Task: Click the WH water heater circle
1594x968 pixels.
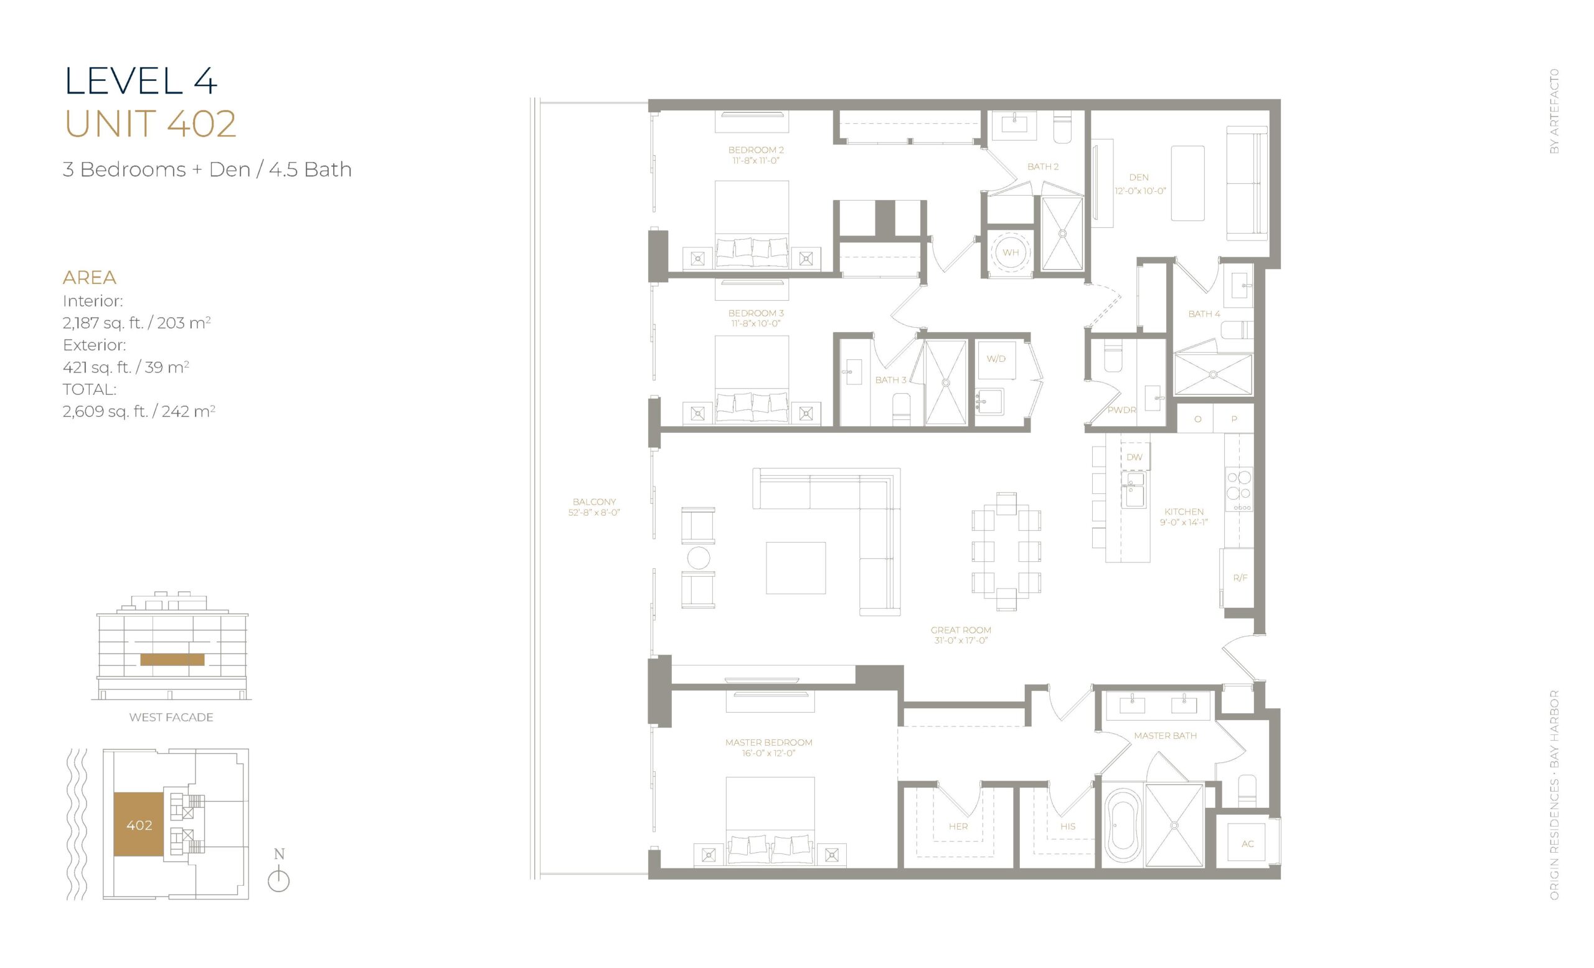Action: click(x=1011, y=252)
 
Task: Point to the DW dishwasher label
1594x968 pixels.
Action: click(x=1134, y=457)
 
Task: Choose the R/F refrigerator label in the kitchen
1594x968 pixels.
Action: click(x=1240, y=578)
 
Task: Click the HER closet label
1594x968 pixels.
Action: click(x=958, y=827)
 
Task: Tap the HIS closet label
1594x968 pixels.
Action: click(x=1068, y=827)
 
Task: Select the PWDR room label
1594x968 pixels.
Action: click(x=1122, y=410)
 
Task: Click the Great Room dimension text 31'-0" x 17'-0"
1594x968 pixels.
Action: click(x=961, y=640)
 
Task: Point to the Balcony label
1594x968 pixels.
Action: click(x=594, y=501)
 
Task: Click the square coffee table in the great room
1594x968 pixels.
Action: click(x=796, y=568)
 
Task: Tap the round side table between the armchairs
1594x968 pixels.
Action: click(x=699, y=557)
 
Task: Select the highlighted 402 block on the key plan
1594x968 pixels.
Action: click(x=139, y=824)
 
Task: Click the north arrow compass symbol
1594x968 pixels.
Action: click(x=279, y=873)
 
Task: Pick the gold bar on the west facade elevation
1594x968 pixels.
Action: click(x=172, y=660)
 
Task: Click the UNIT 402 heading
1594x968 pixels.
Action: click(x=150, y=123)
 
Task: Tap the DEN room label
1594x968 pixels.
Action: click(x=1139, y=178)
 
